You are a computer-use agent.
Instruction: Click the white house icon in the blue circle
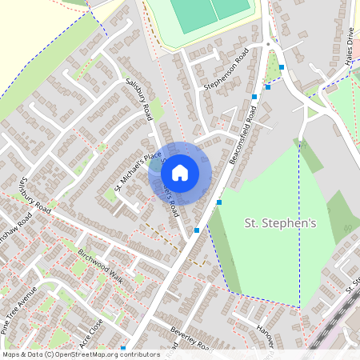pos(180,171)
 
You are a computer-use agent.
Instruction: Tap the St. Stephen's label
pos(279,223)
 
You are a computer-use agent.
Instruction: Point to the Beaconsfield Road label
pos(243,132)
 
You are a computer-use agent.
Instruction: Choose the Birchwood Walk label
pos(101,266)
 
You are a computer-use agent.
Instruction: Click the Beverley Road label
pos(190,339)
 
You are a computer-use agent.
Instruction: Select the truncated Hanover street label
pos(268,334)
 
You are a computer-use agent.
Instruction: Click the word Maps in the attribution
pos(11,354)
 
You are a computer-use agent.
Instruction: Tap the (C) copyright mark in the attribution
pos(49,354)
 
